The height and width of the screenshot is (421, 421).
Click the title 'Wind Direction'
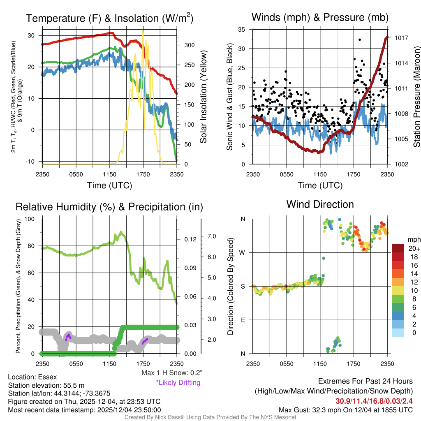tap(320, 204)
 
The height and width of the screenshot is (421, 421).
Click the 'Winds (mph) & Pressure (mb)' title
tap(320, 18)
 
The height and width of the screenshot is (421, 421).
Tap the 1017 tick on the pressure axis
tap(401, 38)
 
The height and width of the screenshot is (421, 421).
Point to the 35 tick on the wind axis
tap(242, 30)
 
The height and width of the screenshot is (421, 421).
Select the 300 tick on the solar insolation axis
tap(187, 45)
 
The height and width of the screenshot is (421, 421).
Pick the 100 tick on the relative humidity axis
tap(31, 219)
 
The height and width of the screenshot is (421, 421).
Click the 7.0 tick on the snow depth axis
tap(211, 236)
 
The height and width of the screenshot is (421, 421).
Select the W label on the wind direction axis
tap(243, 252)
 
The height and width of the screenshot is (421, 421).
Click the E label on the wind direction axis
tap(243, 320)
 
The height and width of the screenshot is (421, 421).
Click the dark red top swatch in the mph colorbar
tap(399, 248)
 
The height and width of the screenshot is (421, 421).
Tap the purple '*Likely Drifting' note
tap(178, 382)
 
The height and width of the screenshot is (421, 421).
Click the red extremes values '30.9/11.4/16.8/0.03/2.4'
tap(374, 401)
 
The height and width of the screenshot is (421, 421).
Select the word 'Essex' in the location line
tap(47, 377)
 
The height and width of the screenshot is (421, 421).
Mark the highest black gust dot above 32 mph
tap(360, 40)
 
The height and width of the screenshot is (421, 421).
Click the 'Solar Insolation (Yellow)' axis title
tap(203, 97)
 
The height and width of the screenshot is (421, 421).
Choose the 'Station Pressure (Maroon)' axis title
tap(416, 97)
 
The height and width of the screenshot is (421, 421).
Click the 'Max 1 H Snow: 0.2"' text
tap(171, 373)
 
